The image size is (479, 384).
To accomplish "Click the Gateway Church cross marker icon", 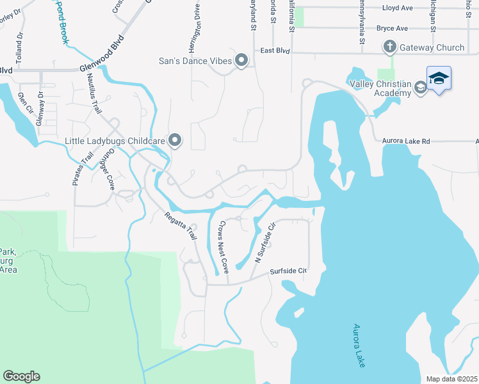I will click(389, 47).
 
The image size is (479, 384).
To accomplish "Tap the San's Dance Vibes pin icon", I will click(241, 61).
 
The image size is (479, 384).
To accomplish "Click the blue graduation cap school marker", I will click(439, 79).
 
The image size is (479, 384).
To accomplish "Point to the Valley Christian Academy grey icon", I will click(420, 88).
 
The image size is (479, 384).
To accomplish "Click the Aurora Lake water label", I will click(359, 346).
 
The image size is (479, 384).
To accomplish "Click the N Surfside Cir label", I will click(264, 243).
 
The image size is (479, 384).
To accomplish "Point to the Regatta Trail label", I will click(180, 225).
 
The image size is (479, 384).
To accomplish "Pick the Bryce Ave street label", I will click(392, 28).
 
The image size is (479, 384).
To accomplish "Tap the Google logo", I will click(21, 376).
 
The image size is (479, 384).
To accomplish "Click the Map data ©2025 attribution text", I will click(451, 379).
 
